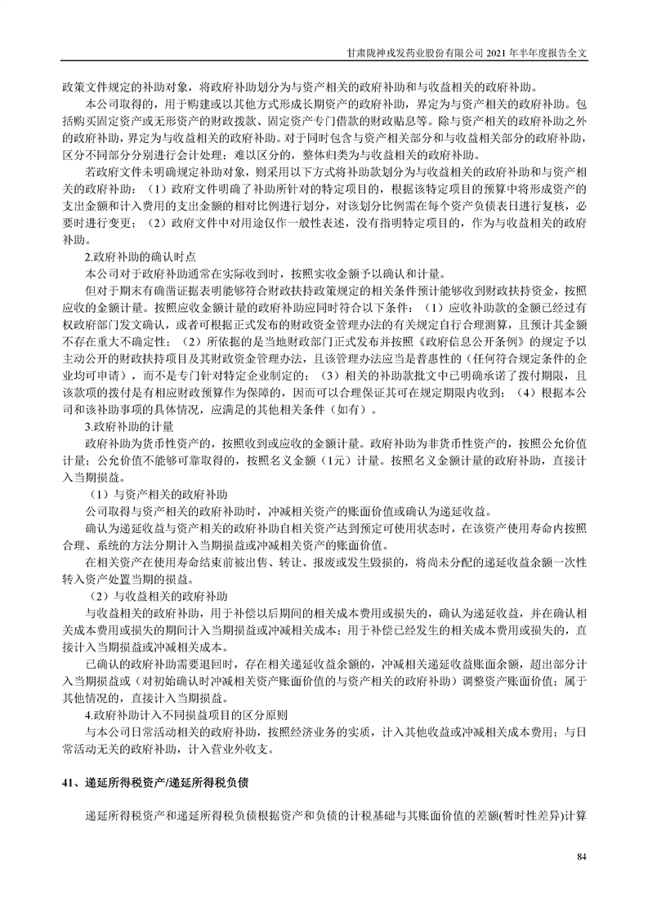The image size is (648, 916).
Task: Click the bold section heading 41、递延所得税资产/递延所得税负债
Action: [x=155, y=781]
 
